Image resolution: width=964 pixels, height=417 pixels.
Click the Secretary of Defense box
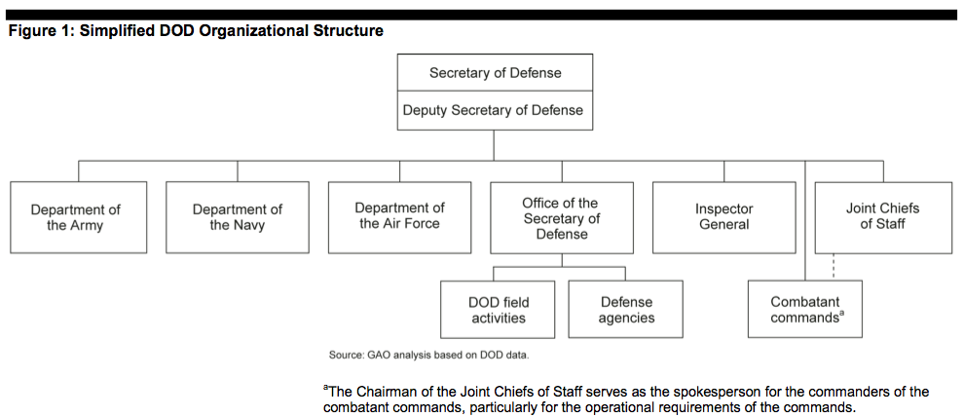(495, 73)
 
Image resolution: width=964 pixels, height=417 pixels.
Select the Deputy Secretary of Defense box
(495, 110)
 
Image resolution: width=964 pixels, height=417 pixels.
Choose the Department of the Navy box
(238, 216)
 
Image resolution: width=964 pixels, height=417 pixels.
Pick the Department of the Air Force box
(399, 216)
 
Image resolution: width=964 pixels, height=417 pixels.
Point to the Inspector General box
(723, 216)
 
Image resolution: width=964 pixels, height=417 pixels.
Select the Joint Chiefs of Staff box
(883, 216)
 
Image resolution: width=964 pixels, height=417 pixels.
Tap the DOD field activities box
(499, 310)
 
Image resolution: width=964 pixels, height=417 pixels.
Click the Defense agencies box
(626, 310)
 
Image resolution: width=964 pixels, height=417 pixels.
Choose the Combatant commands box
(805, 310)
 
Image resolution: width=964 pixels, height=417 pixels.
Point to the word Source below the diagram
(345, 355)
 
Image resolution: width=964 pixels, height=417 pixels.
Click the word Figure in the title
(31, 31)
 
